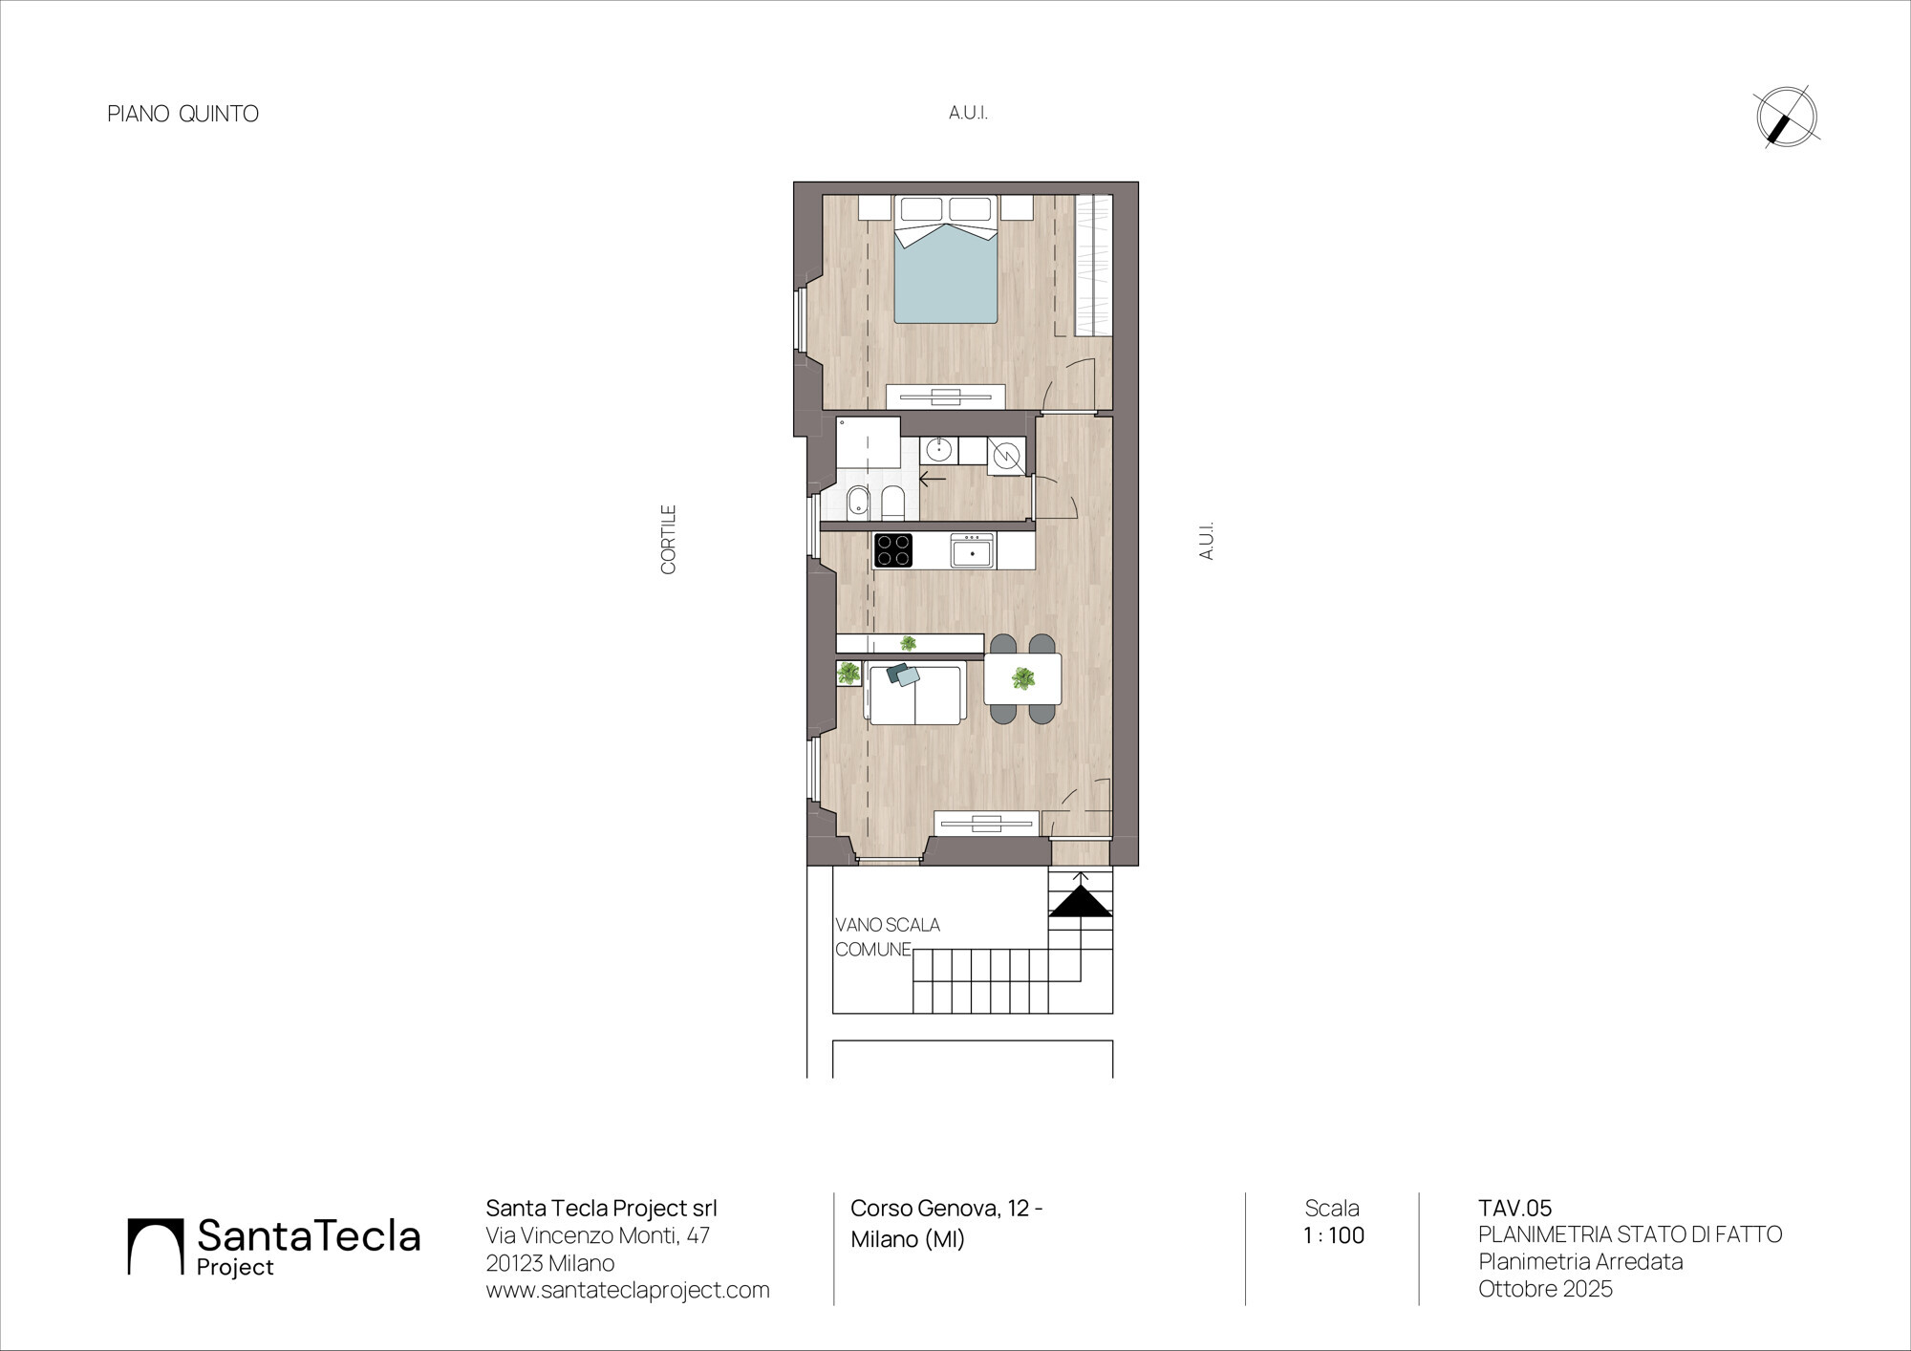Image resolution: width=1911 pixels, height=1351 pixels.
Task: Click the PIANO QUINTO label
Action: (183, 114)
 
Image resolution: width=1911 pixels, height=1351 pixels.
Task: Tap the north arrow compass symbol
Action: (1786, 118)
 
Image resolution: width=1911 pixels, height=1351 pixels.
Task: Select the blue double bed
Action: (946, 259)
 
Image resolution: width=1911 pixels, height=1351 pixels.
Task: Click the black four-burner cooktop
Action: (892, 550)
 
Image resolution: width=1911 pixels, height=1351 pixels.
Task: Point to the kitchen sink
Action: (973, 551)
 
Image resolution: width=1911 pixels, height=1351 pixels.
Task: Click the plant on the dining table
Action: (1023, 679)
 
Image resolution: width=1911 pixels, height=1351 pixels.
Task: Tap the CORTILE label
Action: (669, 540)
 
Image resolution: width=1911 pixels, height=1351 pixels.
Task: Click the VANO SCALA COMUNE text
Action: (888, 937)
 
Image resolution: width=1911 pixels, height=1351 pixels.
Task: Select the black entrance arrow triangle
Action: (1081, 902)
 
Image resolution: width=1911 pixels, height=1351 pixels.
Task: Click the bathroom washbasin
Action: (939, 449)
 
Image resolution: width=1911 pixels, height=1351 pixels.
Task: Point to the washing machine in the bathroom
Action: (1006, 456)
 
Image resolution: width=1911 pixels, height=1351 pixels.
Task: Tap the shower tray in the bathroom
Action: (868, 441)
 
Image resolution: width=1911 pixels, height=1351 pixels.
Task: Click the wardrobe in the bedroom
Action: (1094, 266)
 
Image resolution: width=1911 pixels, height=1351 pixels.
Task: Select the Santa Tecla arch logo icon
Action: (155, 1246)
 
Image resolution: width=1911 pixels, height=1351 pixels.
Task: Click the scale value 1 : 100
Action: (1334, 1235)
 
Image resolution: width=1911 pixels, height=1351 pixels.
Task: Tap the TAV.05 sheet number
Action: (1515, 1209)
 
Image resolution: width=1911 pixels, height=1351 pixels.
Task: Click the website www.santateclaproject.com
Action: (628, 1290)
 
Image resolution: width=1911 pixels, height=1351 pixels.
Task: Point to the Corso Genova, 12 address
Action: (947, 1209)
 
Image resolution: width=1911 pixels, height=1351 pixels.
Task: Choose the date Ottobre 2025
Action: (1545, 1289)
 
